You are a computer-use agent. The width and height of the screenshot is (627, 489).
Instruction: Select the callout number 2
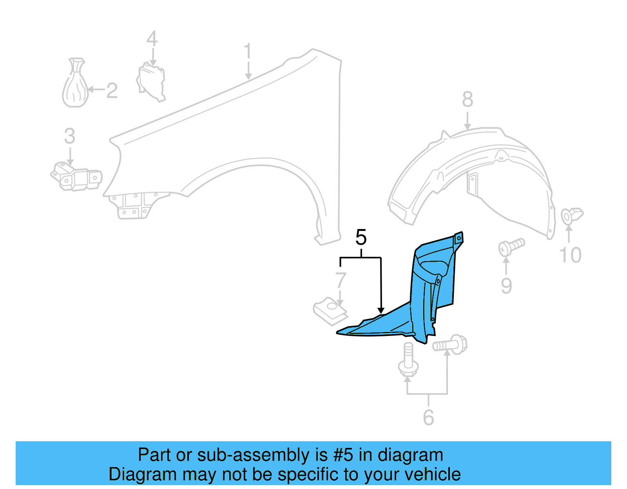tap(112, 91)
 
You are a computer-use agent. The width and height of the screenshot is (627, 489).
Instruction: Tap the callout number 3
tap(70, 136)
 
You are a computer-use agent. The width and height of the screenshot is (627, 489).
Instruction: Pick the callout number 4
tap(152, 39)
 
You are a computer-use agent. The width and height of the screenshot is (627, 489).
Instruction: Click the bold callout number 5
tap(361, 237)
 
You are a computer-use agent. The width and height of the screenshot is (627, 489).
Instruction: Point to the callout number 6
tap(428, 417)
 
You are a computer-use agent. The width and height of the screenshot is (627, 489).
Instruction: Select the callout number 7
tap(341, 280)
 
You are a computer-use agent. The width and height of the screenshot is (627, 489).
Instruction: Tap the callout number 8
tap(468, 99)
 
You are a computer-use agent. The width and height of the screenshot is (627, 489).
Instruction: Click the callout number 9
tap(506, 286)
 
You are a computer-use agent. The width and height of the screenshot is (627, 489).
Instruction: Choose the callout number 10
tap(571, 255)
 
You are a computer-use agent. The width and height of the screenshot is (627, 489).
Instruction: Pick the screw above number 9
tap(511, 246)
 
